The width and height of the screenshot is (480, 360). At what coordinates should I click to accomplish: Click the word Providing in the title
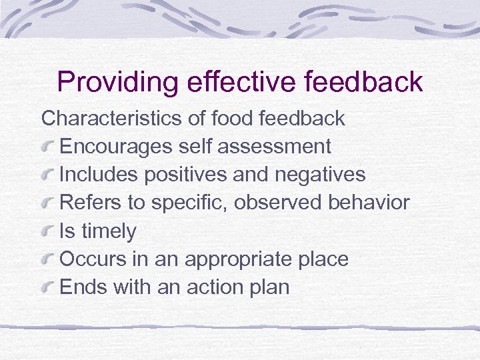tap(117, 83)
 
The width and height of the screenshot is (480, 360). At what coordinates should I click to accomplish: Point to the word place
tap(323, 260)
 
